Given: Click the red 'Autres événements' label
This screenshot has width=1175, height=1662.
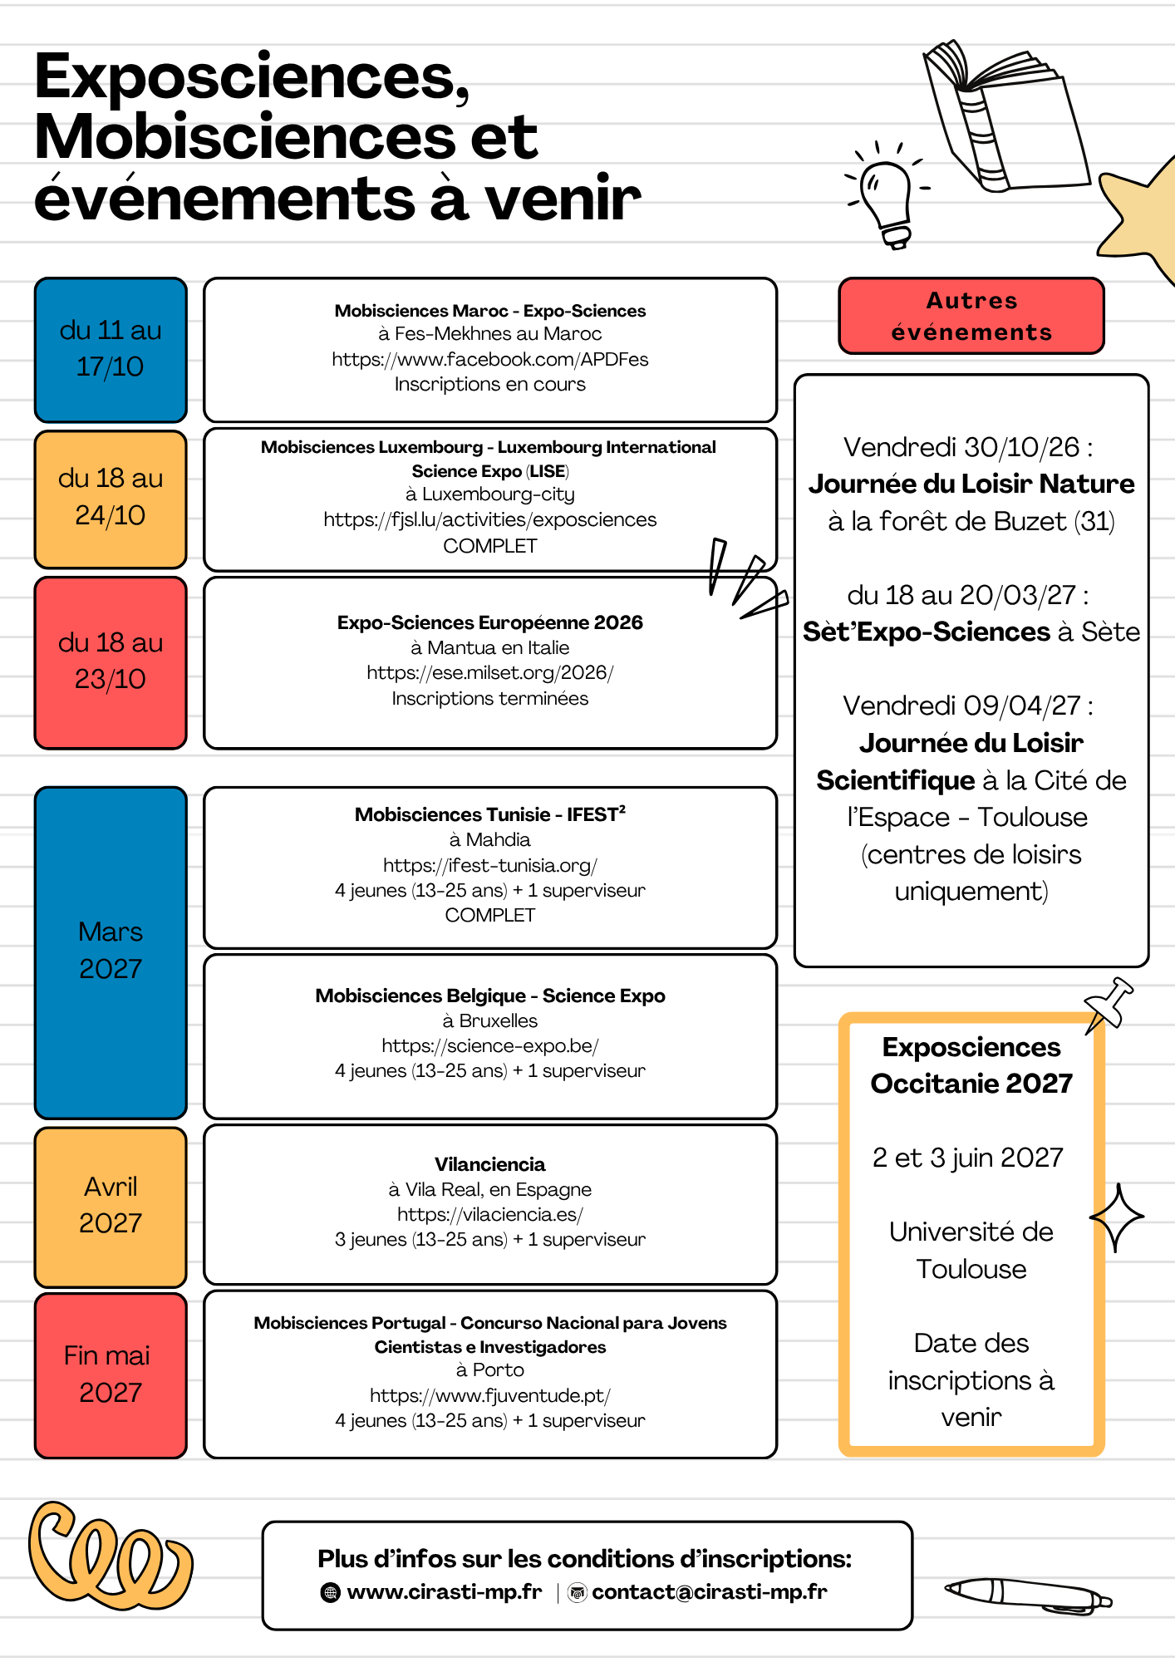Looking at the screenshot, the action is pyautogui.click(x=971, y=316).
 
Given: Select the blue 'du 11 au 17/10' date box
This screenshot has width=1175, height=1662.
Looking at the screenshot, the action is pyautogui.click(x=111, y=350).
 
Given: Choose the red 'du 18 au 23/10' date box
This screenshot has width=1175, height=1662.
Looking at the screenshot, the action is pyautogui.click(x=111, y=662).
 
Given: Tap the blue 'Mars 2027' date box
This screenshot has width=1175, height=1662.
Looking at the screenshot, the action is pyautogui.click(x=111, y=952).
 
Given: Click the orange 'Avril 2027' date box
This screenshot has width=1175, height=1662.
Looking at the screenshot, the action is pyautogui.click(x=111, y=1207).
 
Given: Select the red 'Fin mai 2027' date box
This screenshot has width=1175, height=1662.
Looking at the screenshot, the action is pyautogui.click(x=111, y=1375).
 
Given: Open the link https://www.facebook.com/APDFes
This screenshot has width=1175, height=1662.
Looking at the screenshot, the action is pyautogui.click(x=490, y=359).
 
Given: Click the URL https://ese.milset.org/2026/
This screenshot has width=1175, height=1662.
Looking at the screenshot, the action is pyautogui.click(x=490, y=672).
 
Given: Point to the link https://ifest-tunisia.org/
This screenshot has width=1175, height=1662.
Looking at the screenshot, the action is pyautogui.click(x=490, y=865).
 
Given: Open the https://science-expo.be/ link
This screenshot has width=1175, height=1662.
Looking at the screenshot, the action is pyautogui.click(x=490, y=1045).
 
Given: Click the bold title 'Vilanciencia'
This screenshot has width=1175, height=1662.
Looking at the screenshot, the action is pyautogui.click(x=490, y=1164).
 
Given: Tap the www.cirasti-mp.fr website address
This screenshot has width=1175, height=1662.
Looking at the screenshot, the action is pyautogui.click(x=445, y=1591).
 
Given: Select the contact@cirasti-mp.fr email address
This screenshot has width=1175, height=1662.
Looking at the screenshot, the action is pyautogui.click(x=710, y=1591).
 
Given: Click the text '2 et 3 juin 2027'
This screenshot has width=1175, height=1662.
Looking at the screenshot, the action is pyautogui.click(x=968, y=1158).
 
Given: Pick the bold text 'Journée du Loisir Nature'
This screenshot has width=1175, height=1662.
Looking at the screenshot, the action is pyautogui.click(x=971, y=484).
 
